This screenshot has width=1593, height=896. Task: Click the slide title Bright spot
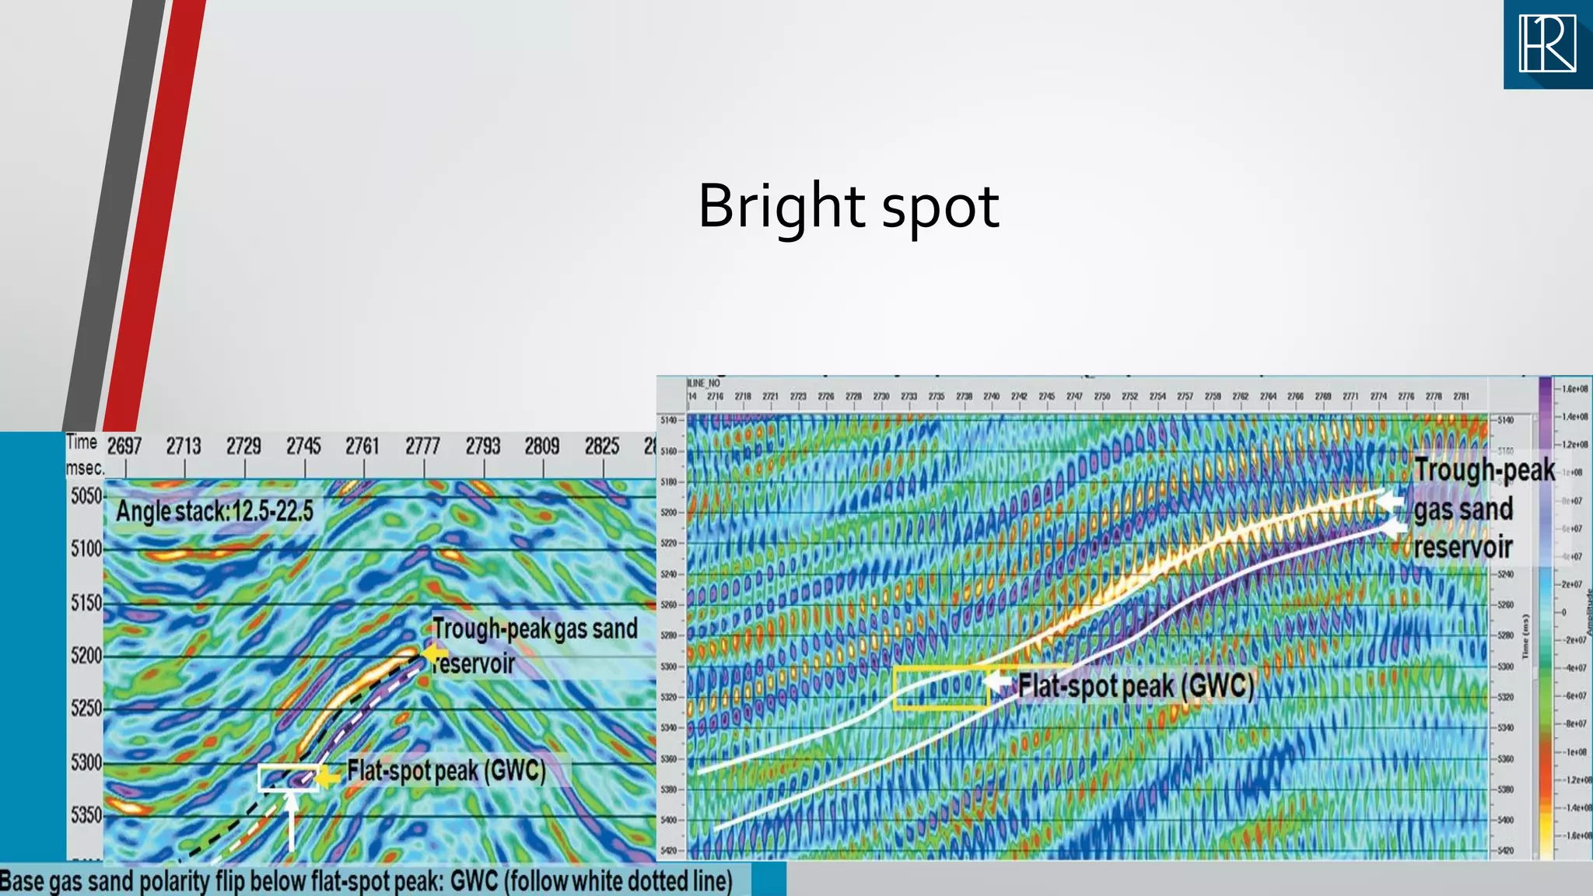(848, 206)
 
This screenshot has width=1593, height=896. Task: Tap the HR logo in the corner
(1548, 44)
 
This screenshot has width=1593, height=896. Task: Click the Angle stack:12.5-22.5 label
(215, 511)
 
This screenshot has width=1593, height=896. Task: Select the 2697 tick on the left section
(124, 446)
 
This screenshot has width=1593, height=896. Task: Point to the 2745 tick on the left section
(303, 446)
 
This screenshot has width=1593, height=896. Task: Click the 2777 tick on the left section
(422, 446)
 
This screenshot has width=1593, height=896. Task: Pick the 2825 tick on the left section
(602, 446)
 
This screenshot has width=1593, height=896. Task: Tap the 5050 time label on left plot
(86, 496)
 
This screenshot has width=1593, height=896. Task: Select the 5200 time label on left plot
(86, 656)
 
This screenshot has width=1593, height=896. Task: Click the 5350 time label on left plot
(86, 815)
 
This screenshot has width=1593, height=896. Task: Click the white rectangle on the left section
(288, 778)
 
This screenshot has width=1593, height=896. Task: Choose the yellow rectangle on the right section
(940, 688)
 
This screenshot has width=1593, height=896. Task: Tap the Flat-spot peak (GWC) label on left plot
(446, 771)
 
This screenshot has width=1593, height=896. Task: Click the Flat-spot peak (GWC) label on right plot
(1136, 686)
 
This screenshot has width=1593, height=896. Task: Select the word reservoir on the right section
(1462, 547)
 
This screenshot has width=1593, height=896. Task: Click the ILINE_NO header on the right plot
(703, 383)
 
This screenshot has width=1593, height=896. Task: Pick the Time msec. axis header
(84, 454)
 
